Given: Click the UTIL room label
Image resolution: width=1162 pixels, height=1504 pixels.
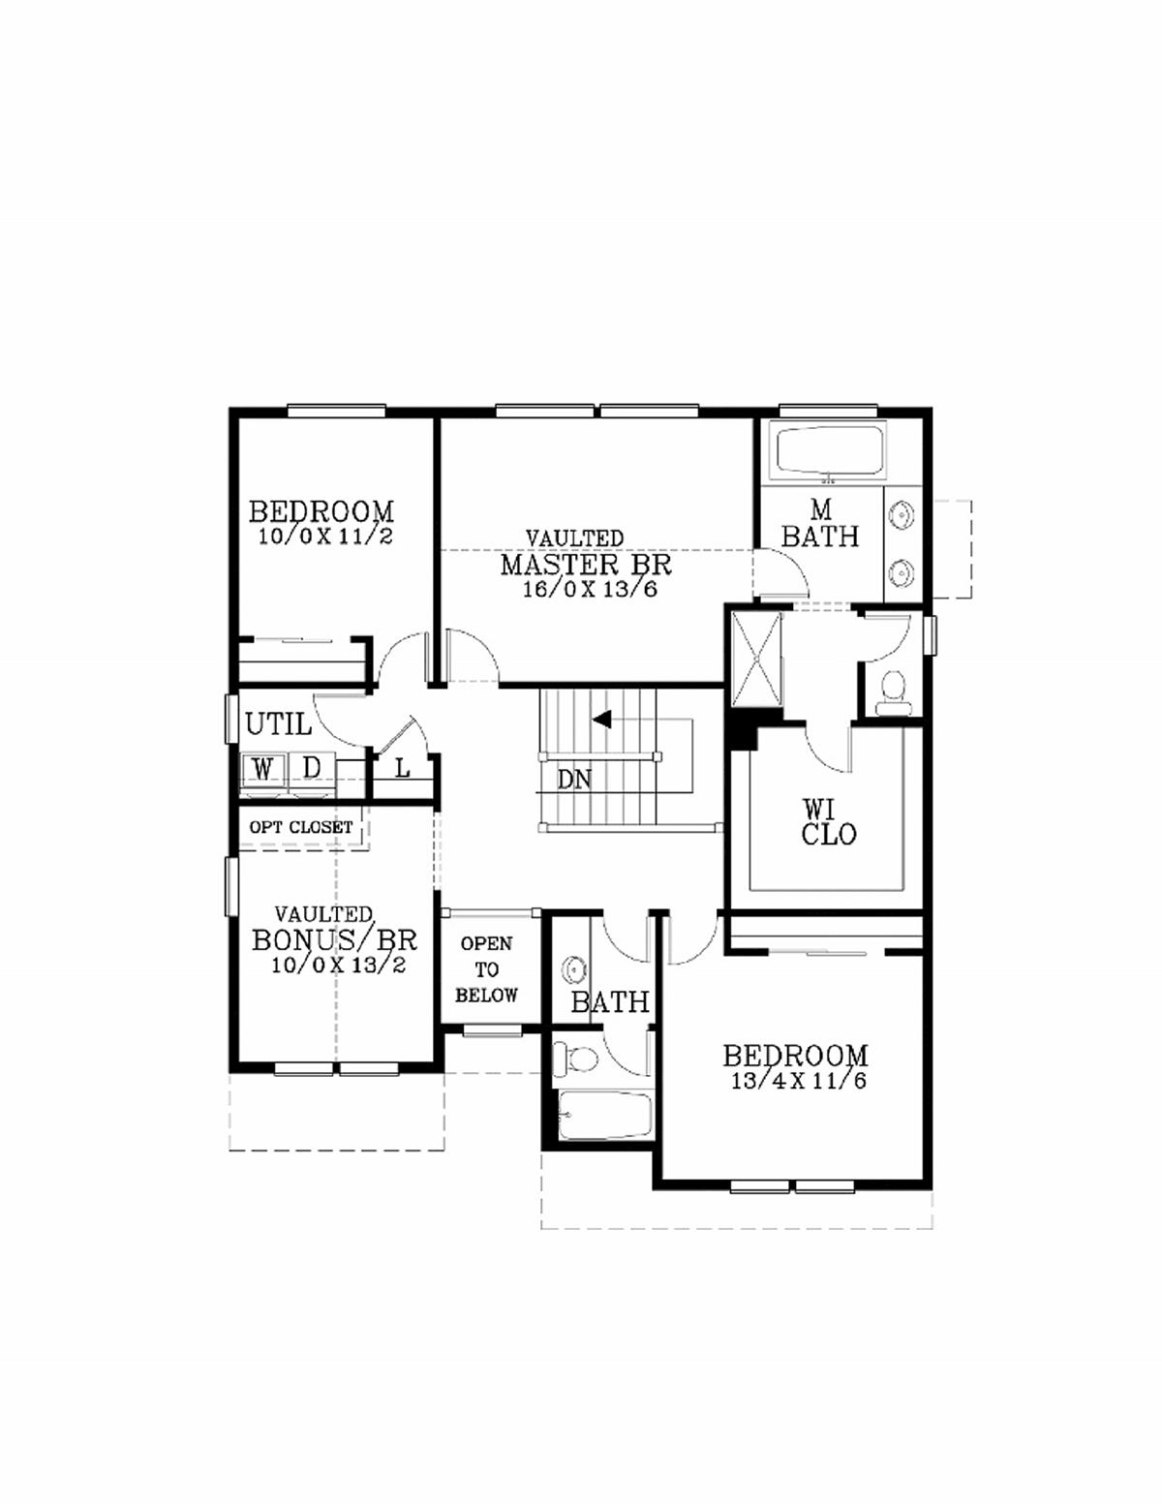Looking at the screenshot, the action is coord(278,724).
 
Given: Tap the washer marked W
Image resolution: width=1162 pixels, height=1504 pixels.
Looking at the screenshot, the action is coord(263,770).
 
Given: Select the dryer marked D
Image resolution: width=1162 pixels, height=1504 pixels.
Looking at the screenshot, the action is coord(312,770).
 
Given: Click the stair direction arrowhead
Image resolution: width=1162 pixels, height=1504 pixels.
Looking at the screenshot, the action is coord(602,720).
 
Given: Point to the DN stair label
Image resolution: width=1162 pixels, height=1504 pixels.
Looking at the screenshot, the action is coord(574,780).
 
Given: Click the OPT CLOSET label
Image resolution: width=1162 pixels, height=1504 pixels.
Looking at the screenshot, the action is coord(301,827).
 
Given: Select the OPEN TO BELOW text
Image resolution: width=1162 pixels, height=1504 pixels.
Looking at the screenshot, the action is coord(486,969).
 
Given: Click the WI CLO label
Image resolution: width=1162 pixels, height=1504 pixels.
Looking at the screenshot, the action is coord(829,822).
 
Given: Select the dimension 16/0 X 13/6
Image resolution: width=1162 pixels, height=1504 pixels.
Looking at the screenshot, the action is coord(591,589).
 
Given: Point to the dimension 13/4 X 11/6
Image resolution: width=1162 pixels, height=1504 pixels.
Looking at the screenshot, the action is coord(799,1081).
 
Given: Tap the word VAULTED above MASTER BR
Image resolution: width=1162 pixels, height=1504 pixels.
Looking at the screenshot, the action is coord(574,537).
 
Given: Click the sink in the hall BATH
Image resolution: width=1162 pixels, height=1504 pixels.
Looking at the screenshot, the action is coord(573,969).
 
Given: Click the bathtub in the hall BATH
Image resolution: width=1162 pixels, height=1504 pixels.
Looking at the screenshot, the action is coord(605,1116).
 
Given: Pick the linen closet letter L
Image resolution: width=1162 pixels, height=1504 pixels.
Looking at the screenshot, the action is coord(403,769).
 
